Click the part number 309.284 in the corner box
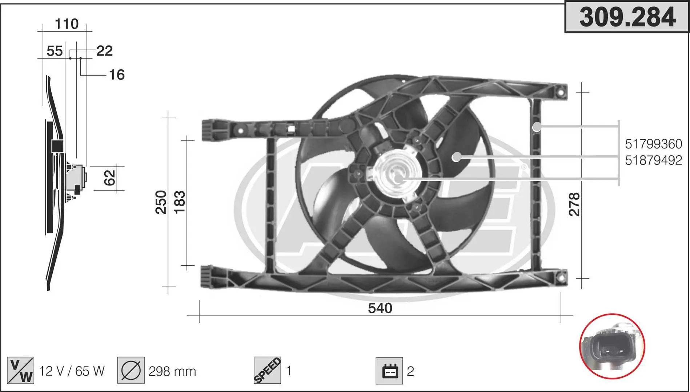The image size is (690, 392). [627, 17]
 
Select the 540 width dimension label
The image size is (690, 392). [380, 308]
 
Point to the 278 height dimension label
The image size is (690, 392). [574, 204]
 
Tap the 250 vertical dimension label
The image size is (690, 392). [161, 202]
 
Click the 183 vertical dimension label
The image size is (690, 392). [180, 202]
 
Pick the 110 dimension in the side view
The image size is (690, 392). [67, 24]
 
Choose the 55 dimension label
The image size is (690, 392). [55, 51]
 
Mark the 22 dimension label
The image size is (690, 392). [104, 51]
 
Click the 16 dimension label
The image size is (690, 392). [117, 75]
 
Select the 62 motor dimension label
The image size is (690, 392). [109, 178]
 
